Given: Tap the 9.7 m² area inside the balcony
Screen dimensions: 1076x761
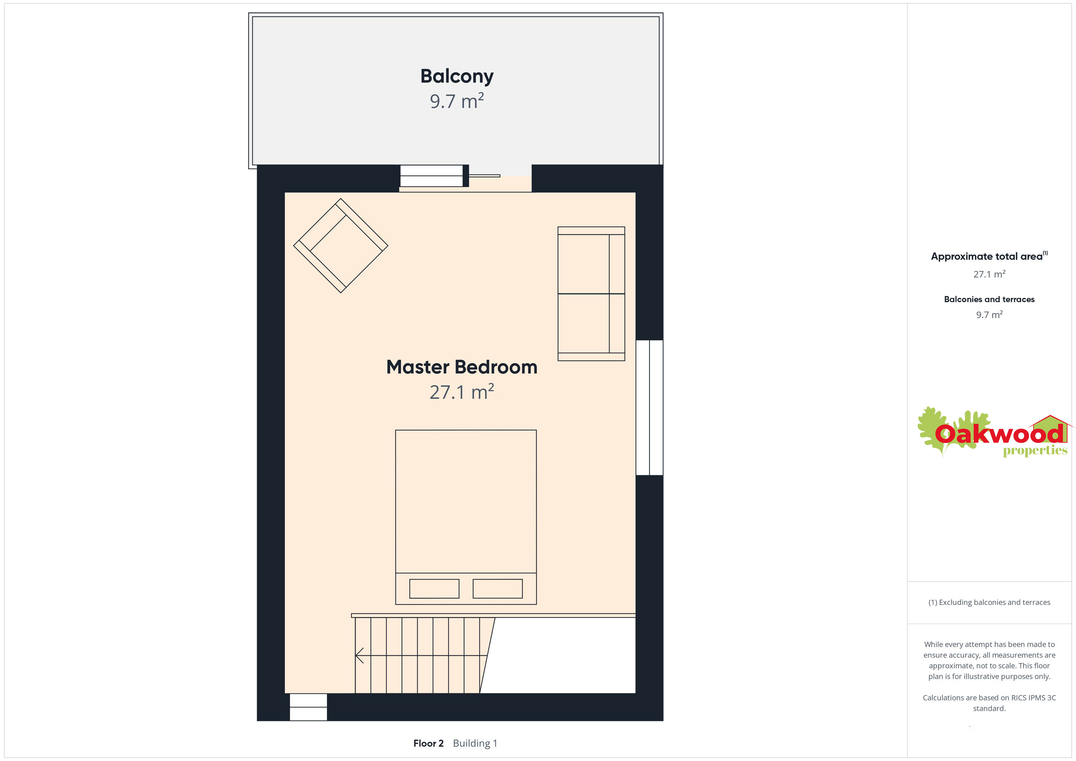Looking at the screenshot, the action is [457, 101].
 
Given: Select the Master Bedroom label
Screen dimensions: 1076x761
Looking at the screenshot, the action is [462, 367].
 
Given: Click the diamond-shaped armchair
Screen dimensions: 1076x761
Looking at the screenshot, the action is [341, 245].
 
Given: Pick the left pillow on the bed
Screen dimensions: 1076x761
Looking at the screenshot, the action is [434, 588].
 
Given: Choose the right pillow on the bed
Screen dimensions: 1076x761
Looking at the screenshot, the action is [498, 588].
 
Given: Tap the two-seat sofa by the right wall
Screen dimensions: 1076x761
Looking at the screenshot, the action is [591, 294].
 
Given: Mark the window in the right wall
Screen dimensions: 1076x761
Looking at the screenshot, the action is [650, 408].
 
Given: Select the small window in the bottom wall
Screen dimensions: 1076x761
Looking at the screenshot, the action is [308, 707].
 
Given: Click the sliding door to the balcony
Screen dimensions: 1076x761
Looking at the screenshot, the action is [450, 176].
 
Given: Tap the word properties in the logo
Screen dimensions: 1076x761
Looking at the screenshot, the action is [1035, 451].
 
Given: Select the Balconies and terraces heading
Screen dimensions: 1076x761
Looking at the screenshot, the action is [989, 299].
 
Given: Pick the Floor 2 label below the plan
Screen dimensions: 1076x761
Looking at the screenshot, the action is [428, 743].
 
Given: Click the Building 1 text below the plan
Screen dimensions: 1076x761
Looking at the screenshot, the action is [475, 743].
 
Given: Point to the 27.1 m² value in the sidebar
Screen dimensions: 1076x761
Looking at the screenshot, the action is [989, 274].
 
